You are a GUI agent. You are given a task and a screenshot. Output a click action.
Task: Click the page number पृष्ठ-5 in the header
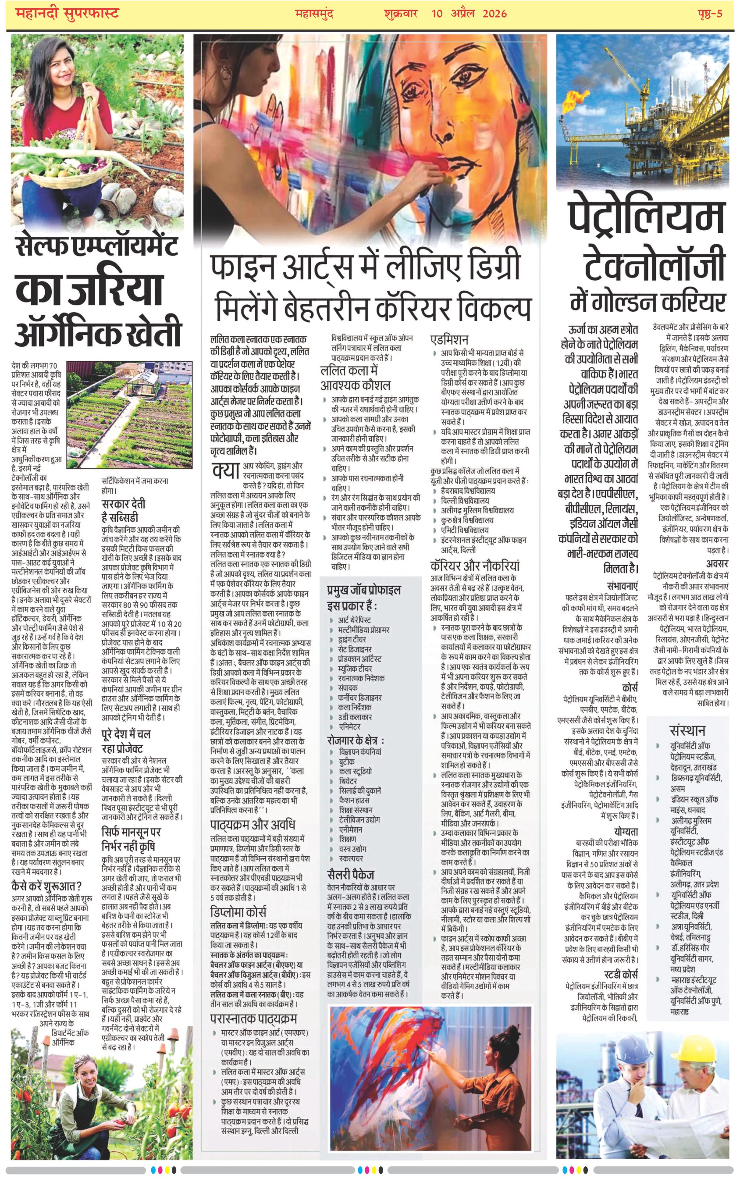710,13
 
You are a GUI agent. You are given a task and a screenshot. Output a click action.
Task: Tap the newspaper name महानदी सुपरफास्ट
68,13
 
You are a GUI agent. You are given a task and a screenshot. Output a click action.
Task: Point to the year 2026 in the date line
495,13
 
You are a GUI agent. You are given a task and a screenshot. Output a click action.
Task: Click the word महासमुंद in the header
314,13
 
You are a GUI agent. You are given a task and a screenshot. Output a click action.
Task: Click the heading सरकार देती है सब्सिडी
123,510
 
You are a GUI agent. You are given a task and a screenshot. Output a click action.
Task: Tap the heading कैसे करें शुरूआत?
46,886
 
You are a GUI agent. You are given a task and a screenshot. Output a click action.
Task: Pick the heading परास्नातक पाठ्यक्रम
253,1019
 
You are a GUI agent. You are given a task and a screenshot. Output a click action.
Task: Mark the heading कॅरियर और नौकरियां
475,566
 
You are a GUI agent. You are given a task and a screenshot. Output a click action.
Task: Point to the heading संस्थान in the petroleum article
687,730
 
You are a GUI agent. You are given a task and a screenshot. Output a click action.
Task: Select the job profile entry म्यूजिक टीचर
355,669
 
